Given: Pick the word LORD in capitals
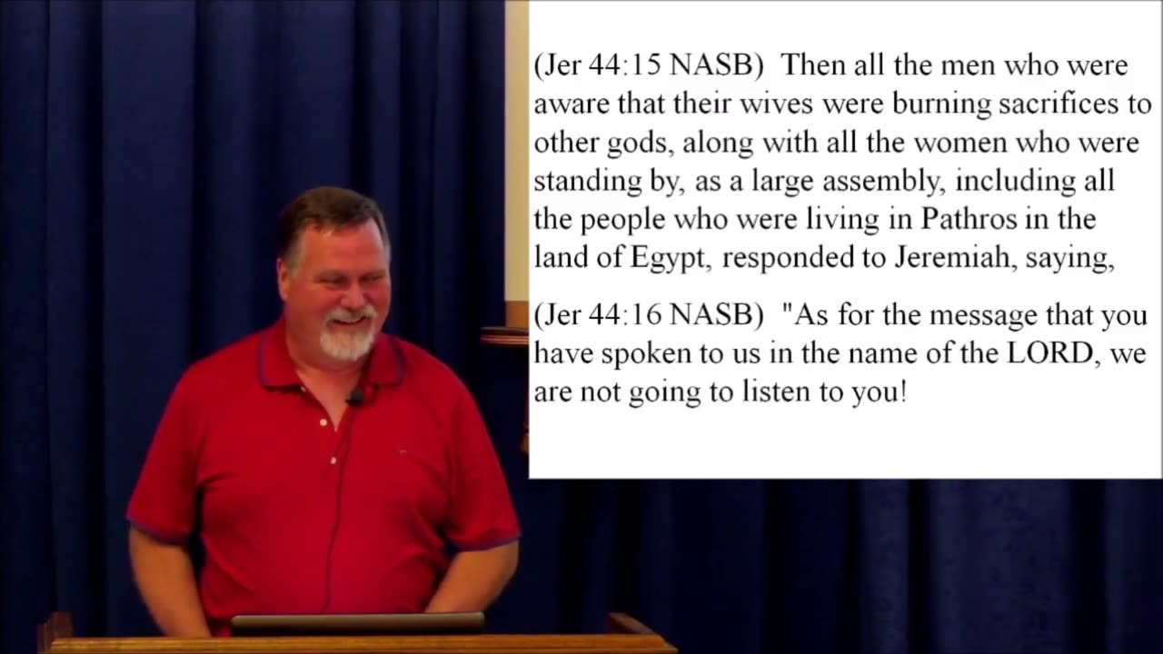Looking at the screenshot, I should (1047, 354).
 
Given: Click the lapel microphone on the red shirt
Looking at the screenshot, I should (356, 397).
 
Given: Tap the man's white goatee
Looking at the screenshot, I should (347, 341).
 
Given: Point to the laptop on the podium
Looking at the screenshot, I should (356, 623).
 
